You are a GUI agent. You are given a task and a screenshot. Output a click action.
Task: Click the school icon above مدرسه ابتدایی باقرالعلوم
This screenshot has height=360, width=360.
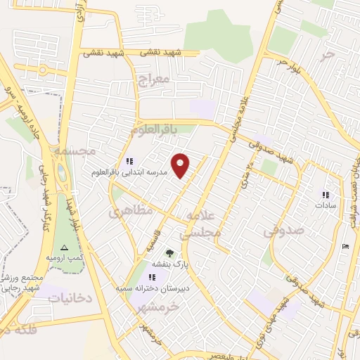129,161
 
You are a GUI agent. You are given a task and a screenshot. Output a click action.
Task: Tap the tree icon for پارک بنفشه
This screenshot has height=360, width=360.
168,252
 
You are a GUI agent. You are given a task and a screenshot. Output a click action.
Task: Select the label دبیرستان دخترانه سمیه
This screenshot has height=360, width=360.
152,288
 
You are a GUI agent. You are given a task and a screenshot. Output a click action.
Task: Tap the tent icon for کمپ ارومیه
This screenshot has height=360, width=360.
65,247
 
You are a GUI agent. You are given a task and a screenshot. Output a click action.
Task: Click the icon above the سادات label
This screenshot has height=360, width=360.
325,195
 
